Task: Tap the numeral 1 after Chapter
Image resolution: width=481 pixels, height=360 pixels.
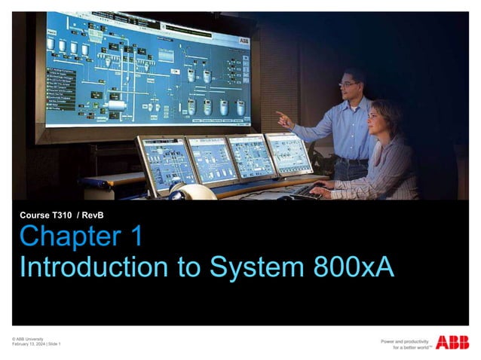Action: (135, 237)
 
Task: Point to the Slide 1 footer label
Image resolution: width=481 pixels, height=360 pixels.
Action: (54, 345)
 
